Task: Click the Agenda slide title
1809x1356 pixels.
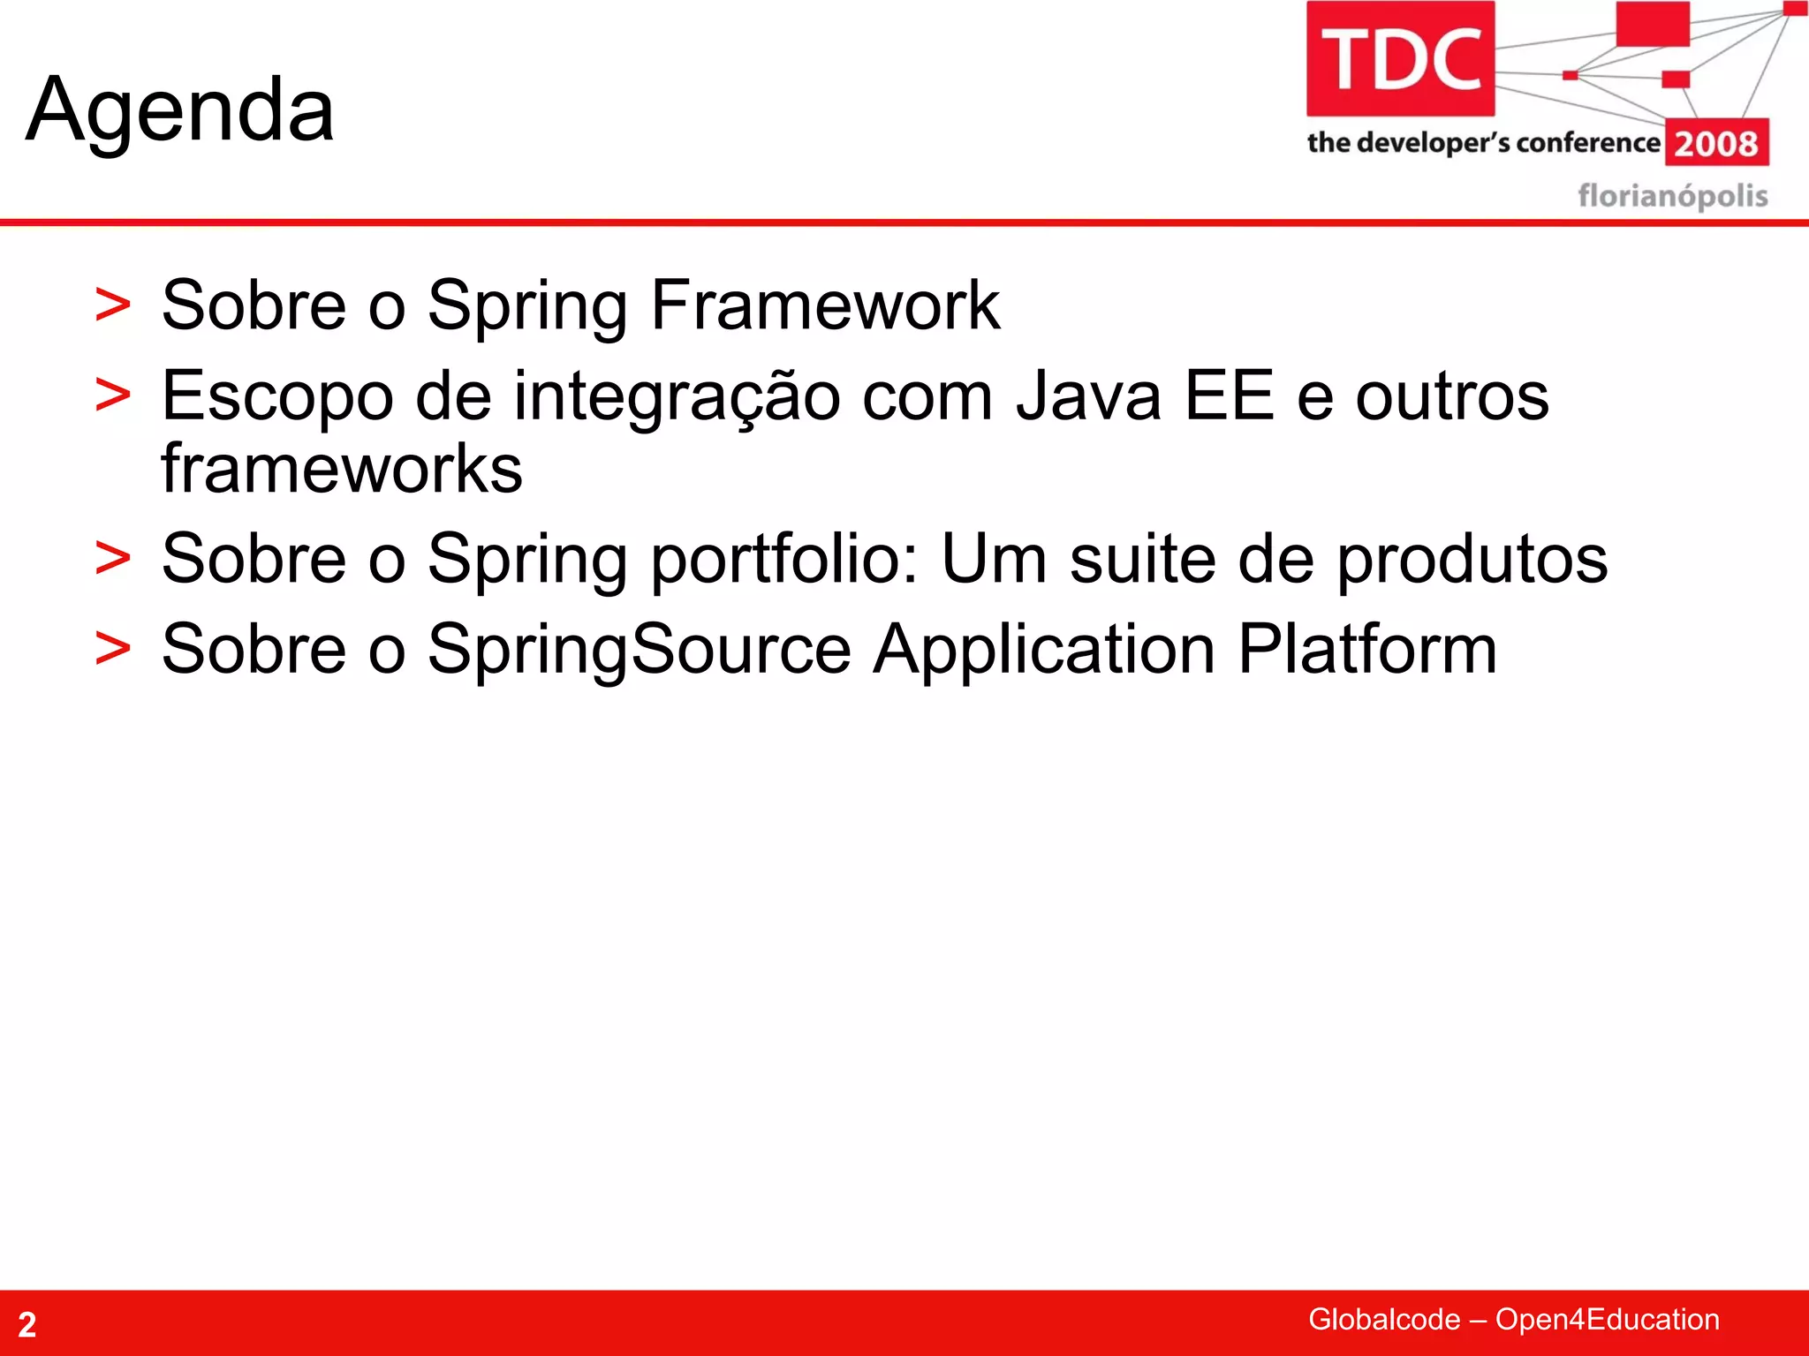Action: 180,110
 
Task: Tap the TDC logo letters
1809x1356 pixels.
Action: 1401,60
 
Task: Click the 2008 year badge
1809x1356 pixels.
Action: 1716,143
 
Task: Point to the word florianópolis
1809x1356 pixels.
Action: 1672,195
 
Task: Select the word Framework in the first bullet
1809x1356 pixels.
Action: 825,305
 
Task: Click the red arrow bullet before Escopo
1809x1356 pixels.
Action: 113,395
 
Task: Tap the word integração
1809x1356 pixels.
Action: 677,396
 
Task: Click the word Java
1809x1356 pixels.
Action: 1088,396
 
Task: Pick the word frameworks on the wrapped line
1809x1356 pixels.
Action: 342,469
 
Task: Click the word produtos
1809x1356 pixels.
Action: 1472,560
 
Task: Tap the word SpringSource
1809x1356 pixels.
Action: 640,650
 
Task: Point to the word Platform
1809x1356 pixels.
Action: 1366,650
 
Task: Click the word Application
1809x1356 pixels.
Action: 1044,650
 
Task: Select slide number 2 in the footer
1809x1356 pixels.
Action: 27,1324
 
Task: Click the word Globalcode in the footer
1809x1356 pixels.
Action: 1383,1319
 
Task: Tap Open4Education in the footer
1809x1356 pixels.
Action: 1607,1319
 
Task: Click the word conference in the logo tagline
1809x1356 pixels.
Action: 1587,143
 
